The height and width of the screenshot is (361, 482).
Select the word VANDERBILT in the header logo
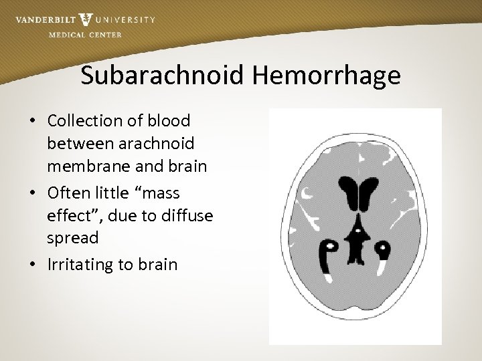[x=44, y=20]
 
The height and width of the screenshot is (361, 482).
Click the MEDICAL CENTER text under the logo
[x=85, y=35]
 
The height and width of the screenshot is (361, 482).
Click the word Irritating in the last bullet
[x=81, y=264]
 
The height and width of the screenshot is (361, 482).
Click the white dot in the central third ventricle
[x=358, y=232]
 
